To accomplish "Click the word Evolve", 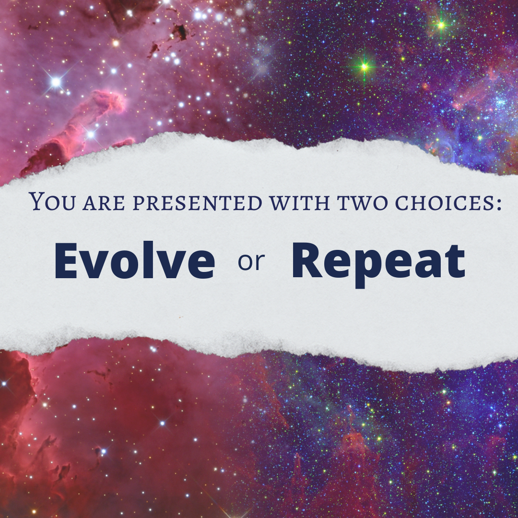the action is (x=134, y=260).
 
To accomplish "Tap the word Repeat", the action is (x=378, y=265).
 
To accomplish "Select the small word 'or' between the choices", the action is (x=251, y=263).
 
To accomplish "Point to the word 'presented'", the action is (x=197, y=203).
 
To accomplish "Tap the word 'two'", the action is (x=363, y=203).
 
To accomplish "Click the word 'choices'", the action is (x=444, y=203).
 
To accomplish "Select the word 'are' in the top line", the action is (x=104, y=203).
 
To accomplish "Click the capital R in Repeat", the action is (x=307, y=260).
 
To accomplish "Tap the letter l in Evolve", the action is (x=149, y=260).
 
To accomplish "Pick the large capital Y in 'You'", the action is (x=37, y=201).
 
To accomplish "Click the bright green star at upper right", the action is (x=365, y=67).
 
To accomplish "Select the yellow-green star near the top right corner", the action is (x=441, y=25).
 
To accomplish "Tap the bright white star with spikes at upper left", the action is (x=56, y=82).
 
